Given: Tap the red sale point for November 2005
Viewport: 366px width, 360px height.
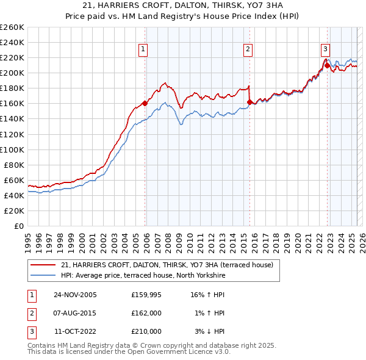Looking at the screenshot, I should tap(145, 103).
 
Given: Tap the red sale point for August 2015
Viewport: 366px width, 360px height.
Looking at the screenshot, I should tap(249, 102).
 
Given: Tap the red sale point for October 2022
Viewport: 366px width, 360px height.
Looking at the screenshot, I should tap(327, 65).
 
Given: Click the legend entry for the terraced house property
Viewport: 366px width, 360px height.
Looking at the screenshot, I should tap(171, 265).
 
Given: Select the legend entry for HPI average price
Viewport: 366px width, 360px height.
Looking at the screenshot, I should tap(143, 276).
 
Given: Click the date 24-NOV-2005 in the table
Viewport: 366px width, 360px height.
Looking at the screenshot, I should tap(75, 295).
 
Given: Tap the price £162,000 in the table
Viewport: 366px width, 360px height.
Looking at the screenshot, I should tap(146, 313).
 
